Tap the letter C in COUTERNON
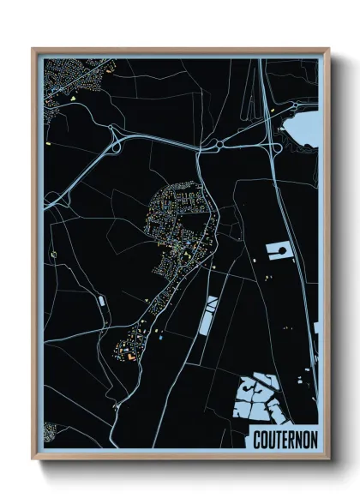tap(256, 439)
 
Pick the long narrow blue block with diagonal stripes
tap(208, 316)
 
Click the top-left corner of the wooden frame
tap(33, 49)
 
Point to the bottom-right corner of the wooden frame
tap(327, 459)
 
